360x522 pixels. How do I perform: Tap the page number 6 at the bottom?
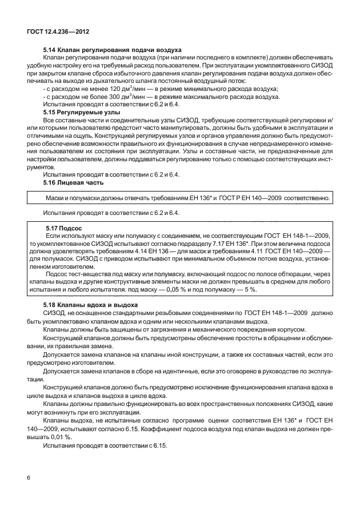point(28,477)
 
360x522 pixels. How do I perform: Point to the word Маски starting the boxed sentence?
point(55,197)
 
